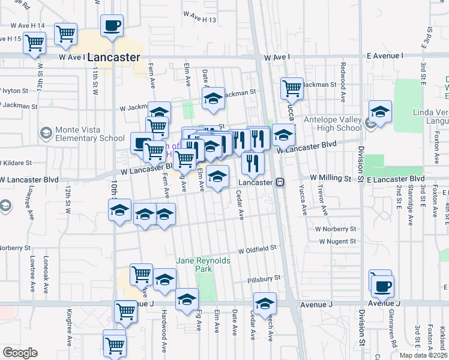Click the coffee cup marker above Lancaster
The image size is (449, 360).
pos(112,26)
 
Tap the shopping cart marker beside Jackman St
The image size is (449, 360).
pos(292,89)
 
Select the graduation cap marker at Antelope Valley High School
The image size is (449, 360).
pos(380,112)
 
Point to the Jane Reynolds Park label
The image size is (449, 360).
pos(194,265)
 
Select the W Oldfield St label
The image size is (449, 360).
pos(257,248)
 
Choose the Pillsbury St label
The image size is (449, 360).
pos(264,280)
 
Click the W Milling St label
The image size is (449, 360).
pos(330,178)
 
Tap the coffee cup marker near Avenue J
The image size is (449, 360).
pos(382,286)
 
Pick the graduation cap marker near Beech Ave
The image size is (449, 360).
pos(264,302)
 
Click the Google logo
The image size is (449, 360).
pos(20,353)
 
